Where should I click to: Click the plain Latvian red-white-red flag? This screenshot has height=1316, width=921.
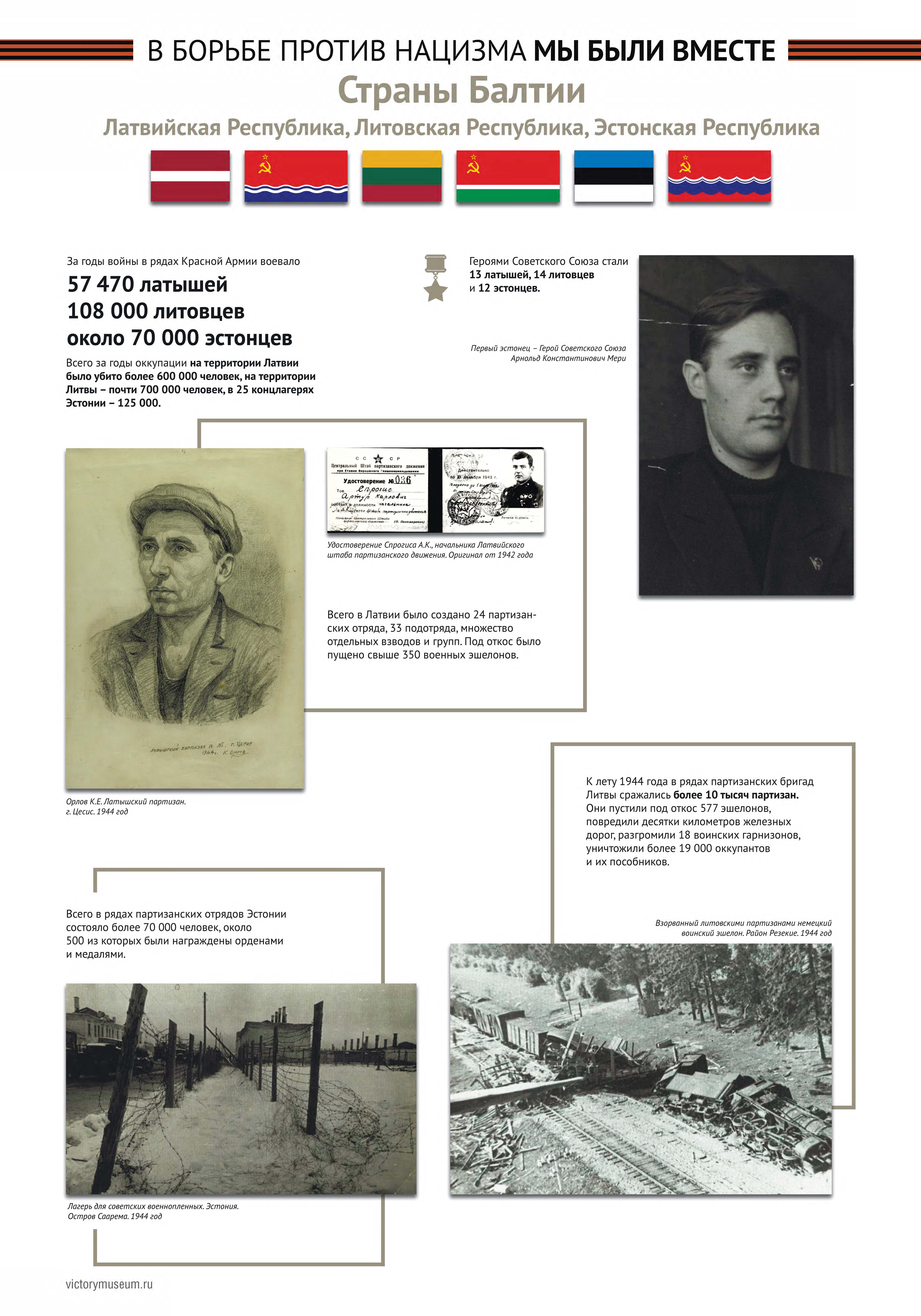pyautogui.click(x=190, y=176)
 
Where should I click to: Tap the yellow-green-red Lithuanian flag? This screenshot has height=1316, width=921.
pyautogui.click(x=402, y=176)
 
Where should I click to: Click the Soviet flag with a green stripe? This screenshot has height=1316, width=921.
pyautogui.click(x=508, y=176)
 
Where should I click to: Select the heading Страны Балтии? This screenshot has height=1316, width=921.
pyautogui.click(x=461, y=91)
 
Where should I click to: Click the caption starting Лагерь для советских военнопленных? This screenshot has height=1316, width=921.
pyautogui.click(x=153, y=1207)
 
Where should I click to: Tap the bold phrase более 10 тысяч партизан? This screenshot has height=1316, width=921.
pyautogui.click(x=736, y=795)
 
